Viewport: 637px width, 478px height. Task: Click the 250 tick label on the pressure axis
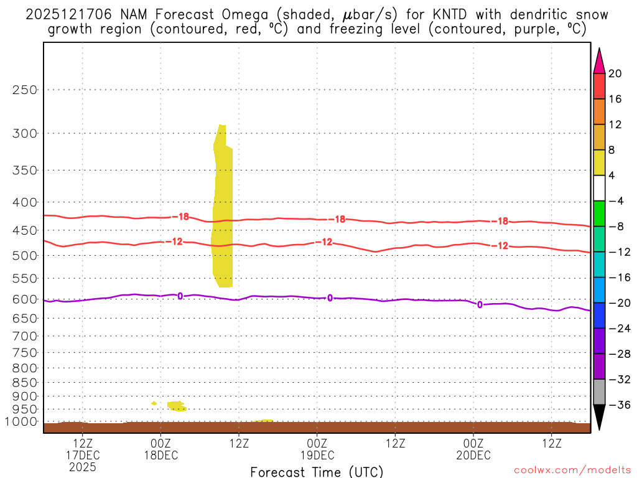coord(26,90)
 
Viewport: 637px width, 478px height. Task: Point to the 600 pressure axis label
coord(26,299)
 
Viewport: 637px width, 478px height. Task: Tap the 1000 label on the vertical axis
coord(22,422)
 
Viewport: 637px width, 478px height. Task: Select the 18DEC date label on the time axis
coord(160,456)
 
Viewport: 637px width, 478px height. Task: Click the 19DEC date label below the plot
coord(317,456)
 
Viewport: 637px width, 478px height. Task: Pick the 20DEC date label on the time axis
coord(473,456)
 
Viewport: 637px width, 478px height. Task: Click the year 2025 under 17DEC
coord(83,467)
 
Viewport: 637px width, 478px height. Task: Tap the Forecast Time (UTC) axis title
coord(317,472)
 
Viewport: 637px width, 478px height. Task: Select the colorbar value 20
coord(615,73)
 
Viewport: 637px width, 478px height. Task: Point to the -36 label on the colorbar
coord(619,405)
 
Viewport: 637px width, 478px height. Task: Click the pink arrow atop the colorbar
coord(599,60)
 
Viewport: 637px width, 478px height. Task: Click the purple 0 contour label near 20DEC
coord(480,304)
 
